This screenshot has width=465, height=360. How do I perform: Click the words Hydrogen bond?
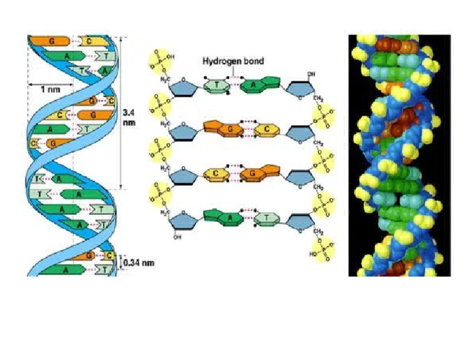(233, 61)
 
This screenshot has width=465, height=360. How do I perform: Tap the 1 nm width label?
(50, 88)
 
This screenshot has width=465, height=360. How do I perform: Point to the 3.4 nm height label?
(128, 116)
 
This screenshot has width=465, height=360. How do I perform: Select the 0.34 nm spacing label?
(138, 264)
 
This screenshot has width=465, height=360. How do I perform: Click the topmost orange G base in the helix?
(53, 41)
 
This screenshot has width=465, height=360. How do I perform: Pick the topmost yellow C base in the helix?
(88, 41)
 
